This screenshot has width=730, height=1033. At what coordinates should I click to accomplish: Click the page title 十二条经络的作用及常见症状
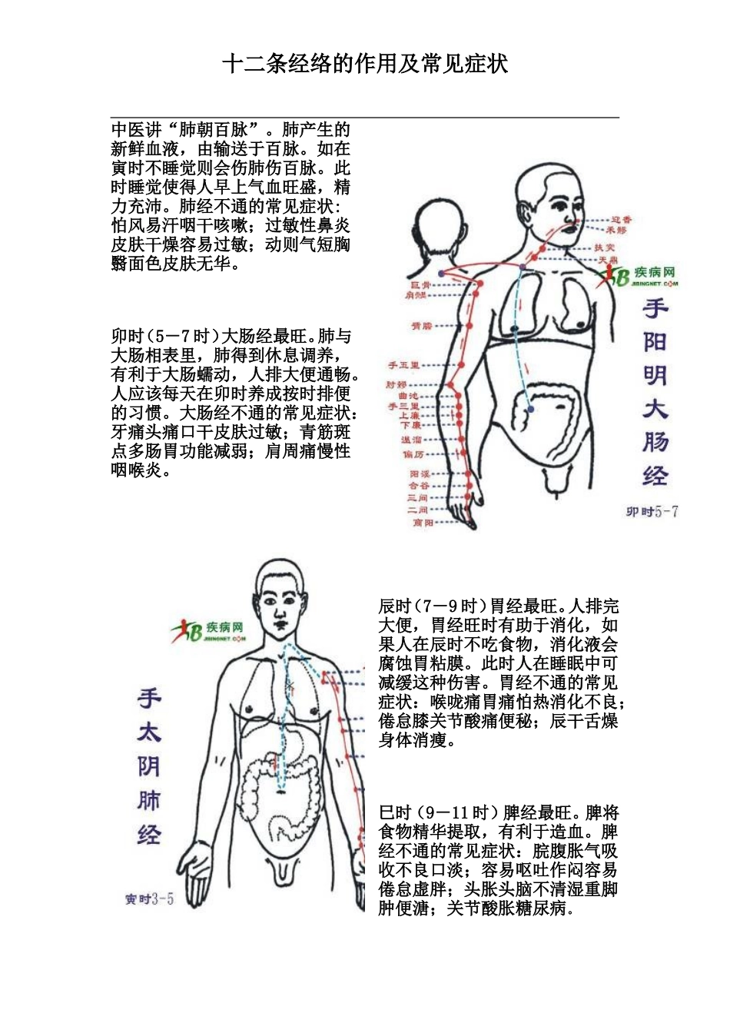pyautogui.click(x=365, y=64)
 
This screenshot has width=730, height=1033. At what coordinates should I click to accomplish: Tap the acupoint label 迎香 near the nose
pyautogui.click(x=621, y=220)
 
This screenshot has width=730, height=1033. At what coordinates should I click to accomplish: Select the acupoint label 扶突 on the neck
pyautogui.click(x=604, y=247)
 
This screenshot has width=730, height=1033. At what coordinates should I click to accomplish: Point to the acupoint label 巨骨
pyautogui.click(x=420, y=285)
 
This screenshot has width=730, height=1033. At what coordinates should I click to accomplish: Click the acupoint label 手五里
pyautogui.click(x=403, y=365)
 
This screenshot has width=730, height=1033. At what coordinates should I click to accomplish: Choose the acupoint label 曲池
pyautogui.click(x=409, y=395)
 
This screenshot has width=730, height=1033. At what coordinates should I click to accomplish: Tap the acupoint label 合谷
pyautogui.click(x=419, y=486)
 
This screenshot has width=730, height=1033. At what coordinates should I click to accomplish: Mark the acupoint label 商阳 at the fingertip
pyautogui.click(x=423, y=523)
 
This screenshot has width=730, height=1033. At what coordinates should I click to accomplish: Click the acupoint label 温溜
pyautogui.click(x=412, y=440)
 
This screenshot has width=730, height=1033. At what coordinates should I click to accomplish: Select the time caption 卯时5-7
pyautogui.click(x=652, y=512)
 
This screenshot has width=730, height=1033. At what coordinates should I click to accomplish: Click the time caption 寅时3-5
pyautogui.click(x=149, y=898)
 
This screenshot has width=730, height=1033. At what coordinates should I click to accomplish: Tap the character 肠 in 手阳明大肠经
pyautogui.click(x=655, y=443)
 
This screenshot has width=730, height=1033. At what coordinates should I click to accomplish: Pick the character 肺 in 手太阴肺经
pyautogui.click(x=149, y=801)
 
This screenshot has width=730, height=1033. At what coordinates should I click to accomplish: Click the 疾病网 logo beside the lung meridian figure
pyautogui.click(x=208, y=631)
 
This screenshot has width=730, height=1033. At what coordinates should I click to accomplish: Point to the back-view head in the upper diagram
pyautogui.click(x=440, y=231)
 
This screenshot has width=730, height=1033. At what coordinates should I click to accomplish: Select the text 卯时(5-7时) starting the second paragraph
pyautogui.click(x=165, y=337)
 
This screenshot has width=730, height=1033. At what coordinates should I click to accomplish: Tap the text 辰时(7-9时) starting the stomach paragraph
pyautogui.click(x=433, y=606)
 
